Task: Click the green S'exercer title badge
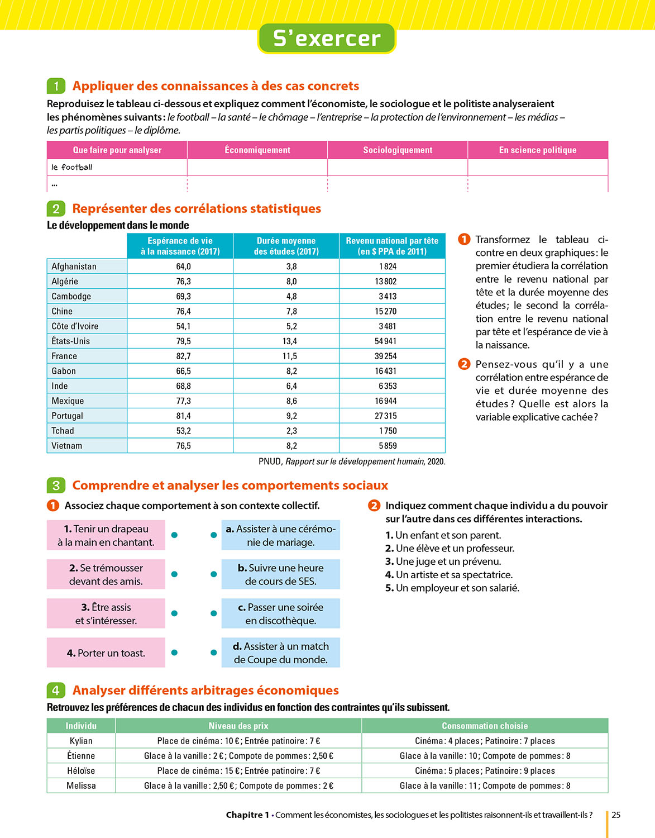(327, 39)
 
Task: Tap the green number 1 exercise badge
(56, 86)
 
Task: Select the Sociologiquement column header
(398, 150)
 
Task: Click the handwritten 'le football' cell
(72, 167)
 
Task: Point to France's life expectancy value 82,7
(183, 356)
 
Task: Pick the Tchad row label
(63, 431)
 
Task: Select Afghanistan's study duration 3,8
(291, 267)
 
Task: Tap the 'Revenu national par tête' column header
(392, 246)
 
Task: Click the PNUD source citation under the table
(352, 461)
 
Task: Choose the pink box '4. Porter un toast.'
(106, 653)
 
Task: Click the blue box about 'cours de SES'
(280, 574)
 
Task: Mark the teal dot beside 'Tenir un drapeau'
(174, 535)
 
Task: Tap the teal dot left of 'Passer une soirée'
(213, 613)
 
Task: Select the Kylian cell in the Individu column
(81, 741)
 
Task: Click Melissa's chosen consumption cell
(485, 785)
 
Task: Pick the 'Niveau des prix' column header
(238, 726)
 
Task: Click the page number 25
(616, 815)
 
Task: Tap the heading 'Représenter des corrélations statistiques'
(197, 209)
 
